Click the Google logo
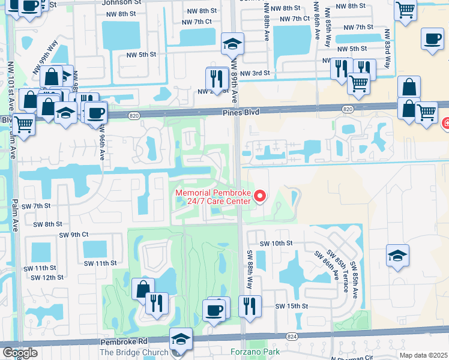[x=20, y=352]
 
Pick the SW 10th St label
[x=276, y=244]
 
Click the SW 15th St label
[x=292, y=306]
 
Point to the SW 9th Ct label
[x=73, y=235]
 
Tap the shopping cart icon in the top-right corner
[x=406, y=10]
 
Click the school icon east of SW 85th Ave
[x=397, y=254]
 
